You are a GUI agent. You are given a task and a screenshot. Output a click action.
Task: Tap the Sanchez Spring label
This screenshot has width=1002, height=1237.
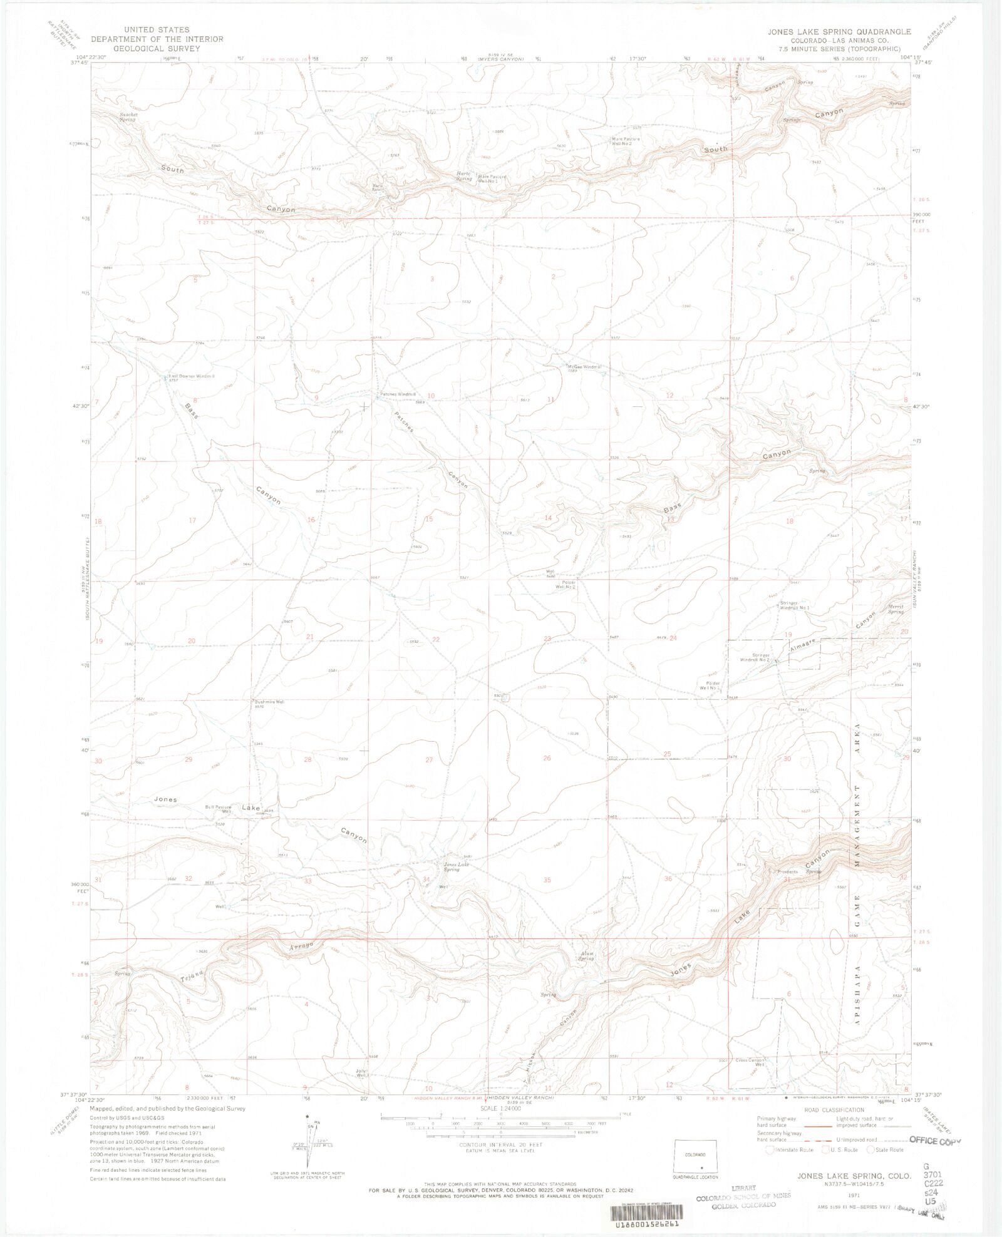[x=128, y=117]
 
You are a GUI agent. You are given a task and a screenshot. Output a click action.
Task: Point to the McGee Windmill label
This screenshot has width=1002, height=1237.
[x=584, y=367]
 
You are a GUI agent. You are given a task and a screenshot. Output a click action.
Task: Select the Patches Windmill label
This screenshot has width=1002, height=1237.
[x=398, y=394]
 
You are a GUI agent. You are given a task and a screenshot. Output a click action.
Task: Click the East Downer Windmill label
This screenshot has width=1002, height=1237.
[x=191, y=377]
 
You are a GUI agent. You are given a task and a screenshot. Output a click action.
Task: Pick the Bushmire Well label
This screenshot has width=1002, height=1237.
[x=269, y=702]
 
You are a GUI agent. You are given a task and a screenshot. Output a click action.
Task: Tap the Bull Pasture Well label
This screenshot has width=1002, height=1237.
[x=219, y=809]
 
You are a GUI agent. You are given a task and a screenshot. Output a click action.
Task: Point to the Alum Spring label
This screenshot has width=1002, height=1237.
[x=586, y=956]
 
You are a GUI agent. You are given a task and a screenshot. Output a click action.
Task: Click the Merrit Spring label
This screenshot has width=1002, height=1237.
[x=896, y=608]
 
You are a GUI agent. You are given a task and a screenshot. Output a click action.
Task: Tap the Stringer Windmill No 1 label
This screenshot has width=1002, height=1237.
[x=794, y=605]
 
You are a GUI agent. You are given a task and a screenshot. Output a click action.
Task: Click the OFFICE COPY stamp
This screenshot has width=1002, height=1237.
[x=934, y=1141]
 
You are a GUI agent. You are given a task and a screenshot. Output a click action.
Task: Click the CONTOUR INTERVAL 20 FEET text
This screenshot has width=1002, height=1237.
[x=500, y=1145]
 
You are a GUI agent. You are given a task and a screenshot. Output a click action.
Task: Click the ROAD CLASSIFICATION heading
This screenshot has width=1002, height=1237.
[x=834, y=1110]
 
